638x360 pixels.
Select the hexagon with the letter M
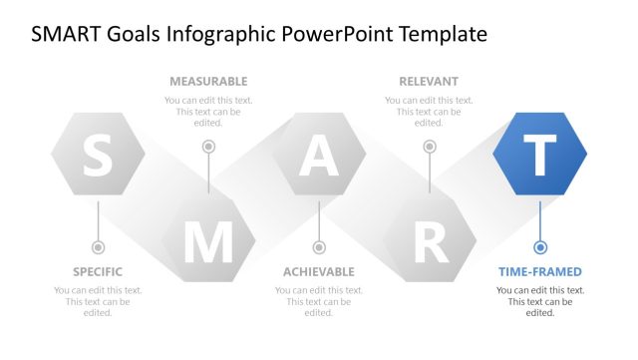pyautogui.click(x=208, y=240)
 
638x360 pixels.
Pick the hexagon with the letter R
pyautogui.click(x=430, y=240)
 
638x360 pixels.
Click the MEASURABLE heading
pyautogui.click(x=208, y=81)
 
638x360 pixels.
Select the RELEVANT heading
pyautogui.click(x=429, y=81)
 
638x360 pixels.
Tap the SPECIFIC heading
pyautogui.click(x=98, y=271)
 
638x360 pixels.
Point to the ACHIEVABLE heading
pyautogui.click(x=319, y=271)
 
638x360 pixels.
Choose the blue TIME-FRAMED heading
pyautogui.click(x=540, y=271)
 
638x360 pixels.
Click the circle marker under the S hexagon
pyautogui.click(x=98, y=246)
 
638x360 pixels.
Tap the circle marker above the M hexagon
pyautogui.click(x=208, y=147)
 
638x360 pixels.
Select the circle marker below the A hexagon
pyautogui.click(x=319, y=246)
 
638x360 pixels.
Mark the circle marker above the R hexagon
pyautogui.click(x=430, y=147)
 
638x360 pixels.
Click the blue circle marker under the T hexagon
pyautogui.click(x=540, y=246)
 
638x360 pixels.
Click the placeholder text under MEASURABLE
pyautogui.click(x=208, y=112)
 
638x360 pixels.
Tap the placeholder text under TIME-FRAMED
pyautogui.click(x=540, y=301)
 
